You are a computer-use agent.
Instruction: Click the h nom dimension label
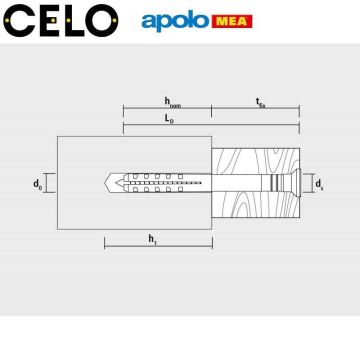[172, 102]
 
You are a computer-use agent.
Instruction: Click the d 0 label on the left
[37, 184]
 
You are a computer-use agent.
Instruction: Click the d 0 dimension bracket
[48, 184]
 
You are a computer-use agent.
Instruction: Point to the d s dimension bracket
[308, 184]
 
